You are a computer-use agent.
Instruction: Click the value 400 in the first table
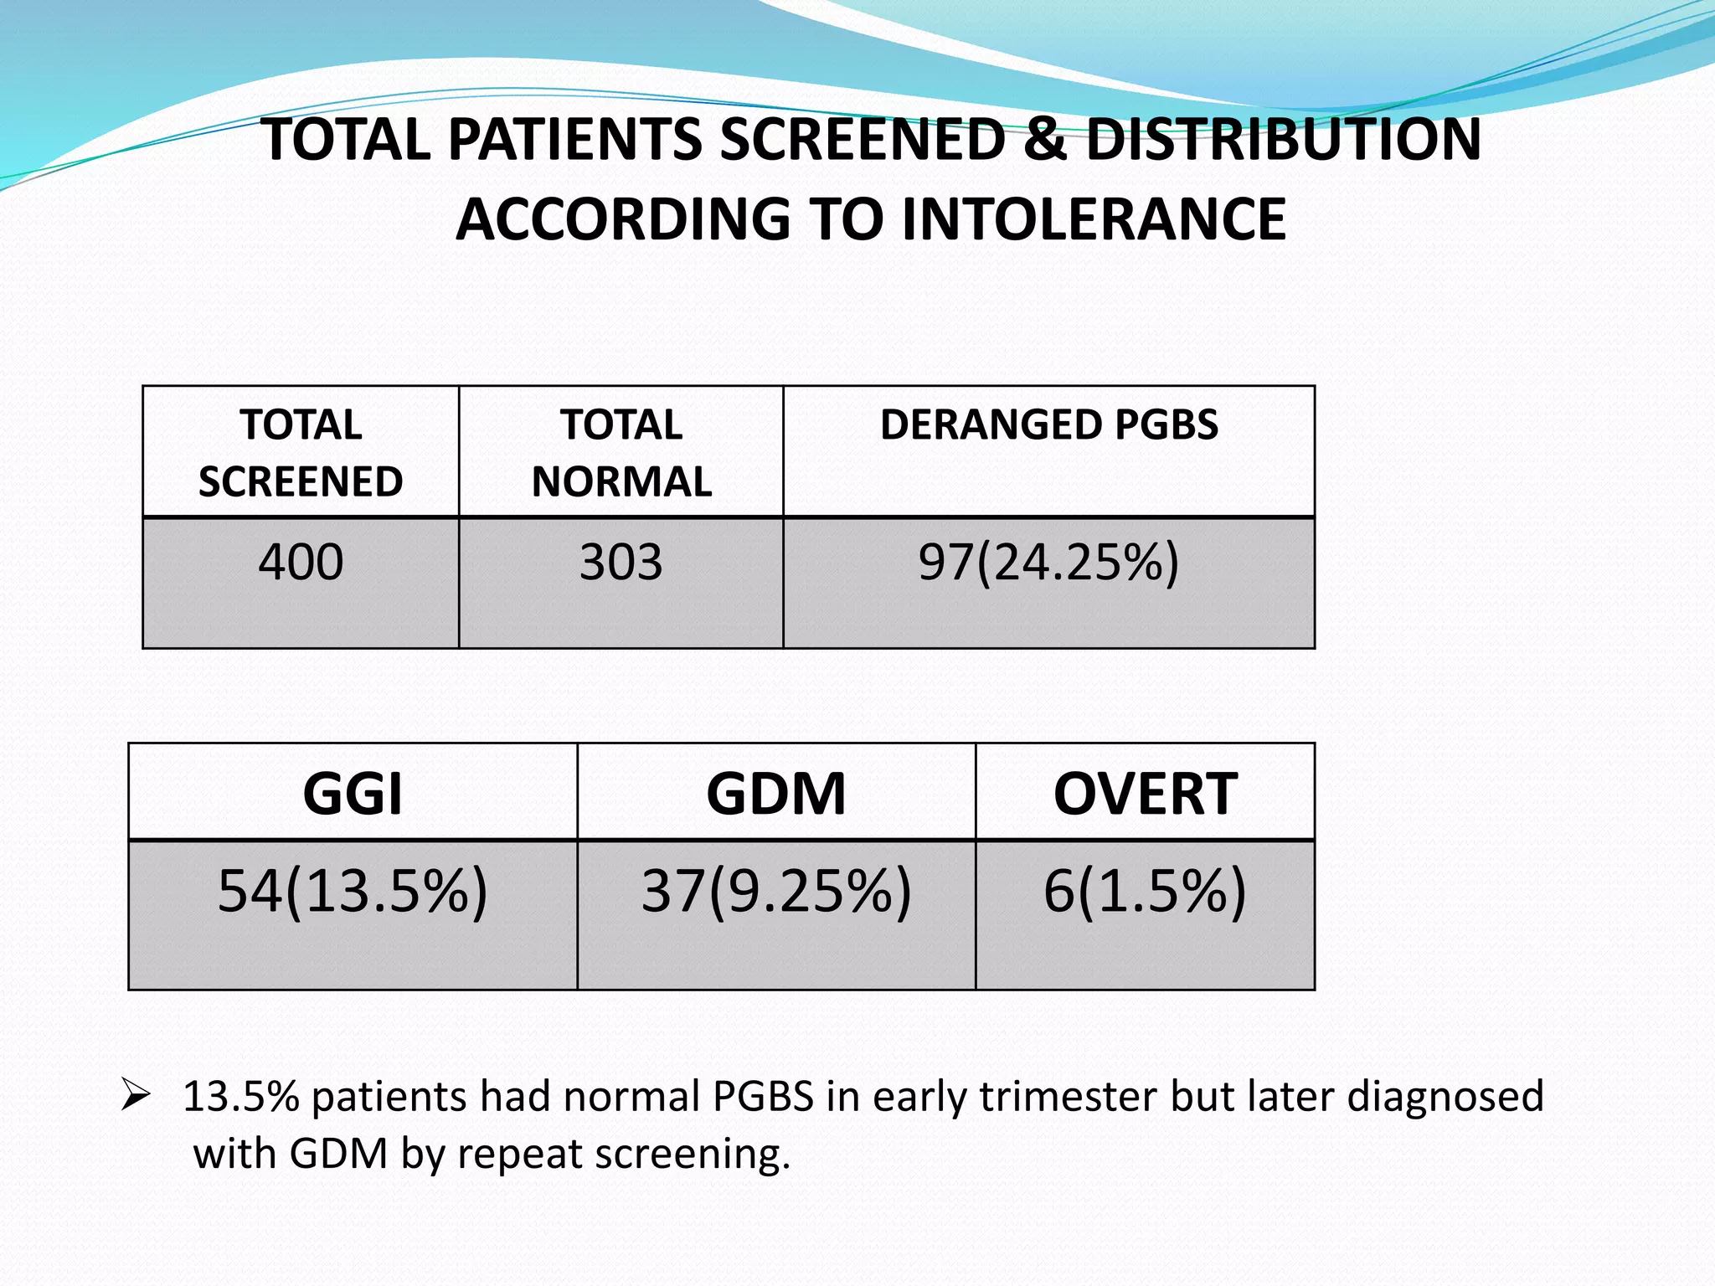(x=301, y=562)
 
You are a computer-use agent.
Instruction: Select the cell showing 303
(x=621, y=562)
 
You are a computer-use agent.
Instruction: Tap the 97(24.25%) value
(x=1048, y=562)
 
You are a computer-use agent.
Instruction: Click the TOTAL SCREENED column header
(x=301, y=453)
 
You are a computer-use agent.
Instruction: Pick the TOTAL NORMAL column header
(x=621, y=453)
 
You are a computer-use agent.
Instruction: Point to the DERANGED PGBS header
(x=1048, y=424)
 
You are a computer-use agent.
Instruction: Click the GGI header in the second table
(x=353, y=793)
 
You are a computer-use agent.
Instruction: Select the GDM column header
(x=775, y=793)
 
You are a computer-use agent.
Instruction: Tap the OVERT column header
(x=1145, y=793)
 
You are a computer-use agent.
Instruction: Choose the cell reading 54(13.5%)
(x=353, y=891)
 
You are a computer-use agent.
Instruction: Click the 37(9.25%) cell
(x=775, y=891)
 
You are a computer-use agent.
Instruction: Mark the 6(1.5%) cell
(x=1145, y=891)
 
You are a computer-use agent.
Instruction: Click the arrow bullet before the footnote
(x=135, y=1095)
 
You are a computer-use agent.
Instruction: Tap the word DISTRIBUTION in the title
(x=1284, y=140)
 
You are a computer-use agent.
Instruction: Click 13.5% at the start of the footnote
(x=241, y=1097)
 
